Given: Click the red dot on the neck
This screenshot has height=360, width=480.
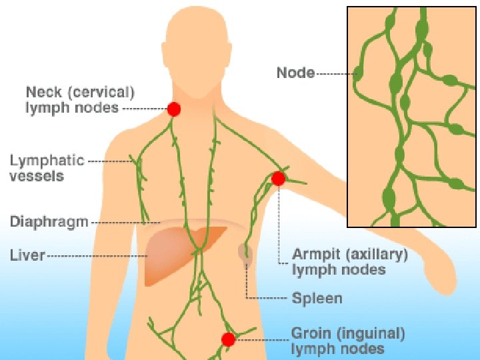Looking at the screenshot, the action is click(174, 109).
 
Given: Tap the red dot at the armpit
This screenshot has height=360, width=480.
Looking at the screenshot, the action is click(278, 178).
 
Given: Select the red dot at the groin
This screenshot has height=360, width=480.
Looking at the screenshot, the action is click(228, 339).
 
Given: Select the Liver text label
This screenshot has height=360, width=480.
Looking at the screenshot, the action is click(27, 255).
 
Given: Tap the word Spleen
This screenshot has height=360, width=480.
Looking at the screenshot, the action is click(317, 298).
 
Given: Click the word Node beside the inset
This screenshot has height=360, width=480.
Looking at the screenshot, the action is click(295, 73).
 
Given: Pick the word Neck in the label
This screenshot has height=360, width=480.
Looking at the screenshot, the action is click(43, 91).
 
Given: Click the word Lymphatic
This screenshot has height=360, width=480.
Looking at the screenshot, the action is click(47, 161).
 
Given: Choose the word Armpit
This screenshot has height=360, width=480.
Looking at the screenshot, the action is click(317, 255).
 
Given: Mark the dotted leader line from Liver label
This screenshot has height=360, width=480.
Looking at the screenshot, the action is click(97, 255).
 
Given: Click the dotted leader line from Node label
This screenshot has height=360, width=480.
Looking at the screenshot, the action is click(335, 73).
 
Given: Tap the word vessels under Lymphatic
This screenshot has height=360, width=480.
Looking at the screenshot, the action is click(37, 176).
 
